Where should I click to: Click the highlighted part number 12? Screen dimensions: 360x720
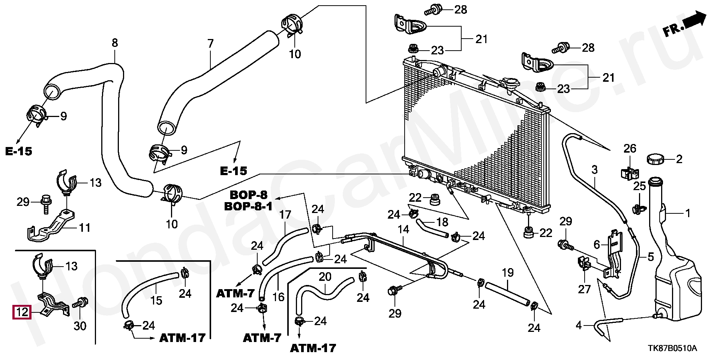coord(22,312)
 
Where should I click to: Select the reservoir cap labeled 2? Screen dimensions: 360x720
coord(659,159)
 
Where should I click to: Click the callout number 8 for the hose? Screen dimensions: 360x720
coord(115,43)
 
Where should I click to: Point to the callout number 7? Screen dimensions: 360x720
coord(210,43)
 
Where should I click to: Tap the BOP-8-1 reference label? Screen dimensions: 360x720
coord(248,206)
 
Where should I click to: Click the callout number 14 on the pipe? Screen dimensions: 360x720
coord(403,229)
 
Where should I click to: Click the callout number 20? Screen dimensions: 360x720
coord(325,276)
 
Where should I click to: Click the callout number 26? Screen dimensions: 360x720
coord(630,148)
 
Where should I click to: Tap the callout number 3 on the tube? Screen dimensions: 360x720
coord(594,169)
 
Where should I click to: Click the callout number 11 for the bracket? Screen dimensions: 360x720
coord(85,227)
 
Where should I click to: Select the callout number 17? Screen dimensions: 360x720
coord(285,215)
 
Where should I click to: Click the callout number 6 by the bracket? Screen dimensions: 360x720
coord(597,244)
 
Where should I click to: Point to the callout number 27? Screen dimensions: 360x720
coord(584,289)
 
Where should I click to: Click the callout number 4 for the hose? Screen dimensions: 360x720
coord(579,325)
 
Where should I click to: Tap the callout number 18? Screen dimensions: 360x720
coord(442,222)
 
